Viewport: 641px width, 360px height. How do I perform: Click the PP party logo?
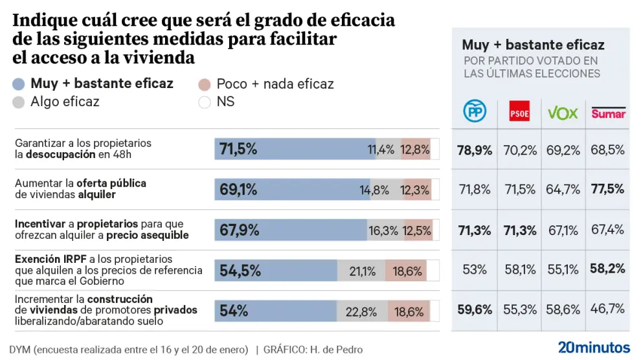click(475, 113)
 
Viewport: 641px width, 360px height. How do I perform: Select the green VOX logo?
click(563, 113)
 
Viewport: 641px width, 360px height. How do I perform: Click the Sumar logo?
click(608, 113)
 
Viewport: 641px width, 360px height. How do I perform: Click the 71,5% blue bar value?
click(238, 150)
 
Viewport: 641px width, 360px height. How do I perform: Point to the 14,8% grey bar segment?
click(374, 190)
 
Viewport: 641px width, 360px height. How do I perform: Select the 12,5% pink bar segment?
click(416, 230)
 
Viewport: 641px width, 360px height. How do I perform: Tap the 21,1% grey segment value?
click(363, 271)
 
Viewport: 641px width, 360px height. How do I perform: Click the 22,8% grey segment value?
click(361, 311)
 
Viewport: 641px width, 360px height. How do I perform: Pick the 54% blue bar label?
click(234, 311)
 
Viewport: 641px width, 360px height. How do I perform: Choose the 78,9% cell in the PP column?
click(475, 150)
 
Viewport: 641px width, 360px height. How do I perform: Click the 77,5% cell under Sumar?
click(607, 189)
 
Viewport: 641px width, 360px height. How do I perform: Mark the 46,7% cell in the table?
click(607, 309)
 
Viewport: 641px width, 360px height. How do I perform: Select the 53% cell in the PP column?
click(475, 269)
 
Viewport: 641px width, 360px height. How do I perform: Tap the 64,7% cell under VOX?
click(563, 189)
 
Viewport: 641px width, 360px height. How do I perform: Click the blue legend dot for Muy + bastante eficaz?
click(19, 84)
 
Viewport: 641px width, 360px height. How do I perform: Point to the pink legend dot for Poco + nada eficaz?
click(205, 84)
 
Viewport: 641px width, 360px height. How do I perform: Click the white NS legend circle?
click(205, 102)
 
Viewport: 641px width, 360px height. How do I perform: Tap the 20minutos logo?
click(594, 345)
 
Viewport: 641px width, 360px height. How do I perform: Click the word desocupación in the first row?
click(60, 155)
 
